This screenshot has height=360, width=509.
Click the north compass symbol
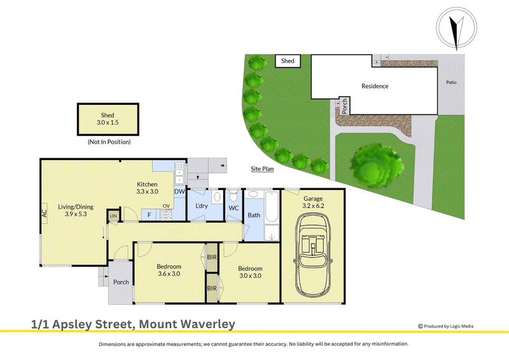(456, 28)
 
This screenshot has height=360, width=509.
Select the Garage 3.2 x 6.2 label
(313, 202)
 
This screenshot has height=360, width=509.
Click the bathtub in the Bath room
(272, 207)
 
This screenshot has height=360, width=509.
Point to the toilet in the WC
(233, 196)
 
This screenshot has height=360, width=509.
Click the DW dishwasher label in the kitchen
(179, 191)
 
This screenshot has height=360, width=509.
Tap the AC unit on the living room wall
(44, 213)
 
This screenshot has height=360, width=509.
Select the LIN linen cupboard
(113, 216)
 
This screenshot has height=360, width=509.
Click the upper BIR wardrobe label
(212, 257)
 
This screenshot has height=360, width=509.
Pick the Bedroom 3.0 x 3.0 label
(250, 272)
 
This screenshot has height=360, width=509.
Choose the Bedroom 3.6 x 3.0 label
(169, 270)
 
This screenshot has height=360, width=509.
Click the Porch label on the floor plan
(121, 282)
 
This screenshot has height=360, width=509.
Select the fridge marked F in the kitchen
(150, 214)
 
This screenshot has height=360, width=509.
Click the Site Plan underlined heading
(262, 169)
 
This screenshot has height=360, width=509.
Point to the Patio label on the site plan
(451, 83)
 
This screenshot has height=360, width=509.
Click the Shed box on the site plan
(288, 61)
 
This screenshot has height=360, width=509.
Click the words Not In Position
(109, 142)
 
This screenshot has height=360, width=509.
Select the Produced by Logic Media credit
(445, 326)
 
